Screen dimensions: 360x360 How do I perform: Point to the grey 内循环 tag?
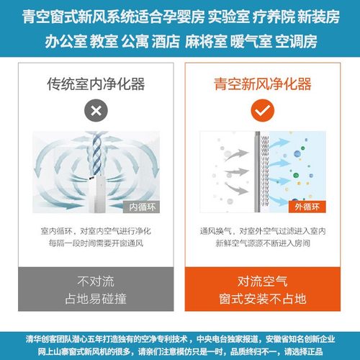click(x=141, y=207)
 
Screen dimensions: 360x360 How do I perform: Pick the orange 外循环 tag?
click(x=305, y=207)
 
